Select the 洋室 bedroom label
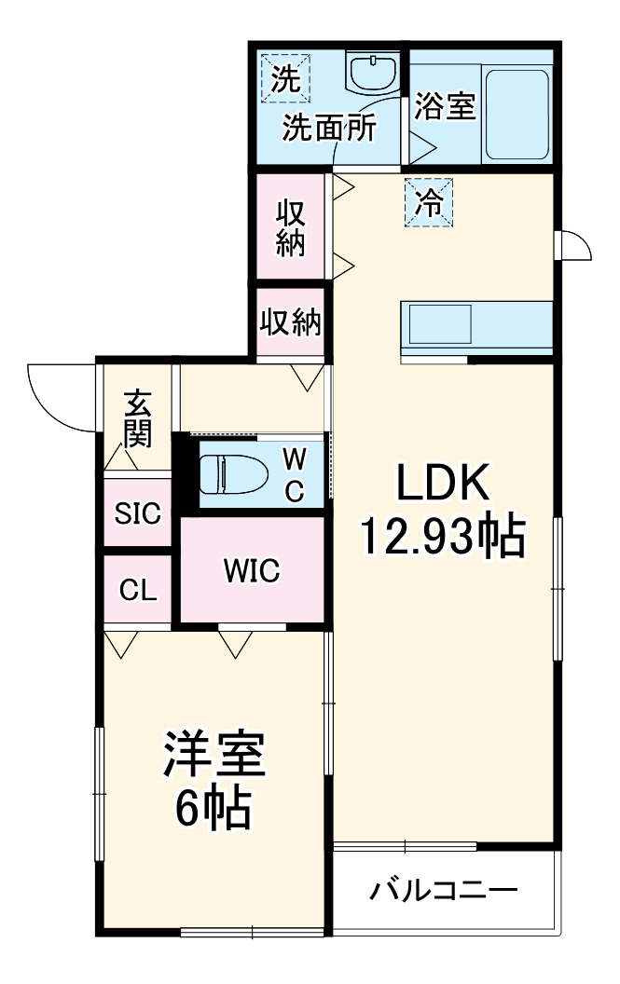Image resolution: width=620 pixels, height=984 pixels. tap(215, 757)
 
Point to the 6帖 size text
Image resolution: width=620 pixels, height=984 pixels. tap(214, 809)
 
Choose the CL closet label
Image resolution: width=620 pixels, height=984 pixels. tap(137, 591)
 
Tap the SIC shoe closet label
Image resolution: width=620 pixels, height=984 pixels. tap(137, 512)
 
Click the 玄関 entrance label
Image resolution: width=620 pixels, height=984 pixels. tap(138, 419)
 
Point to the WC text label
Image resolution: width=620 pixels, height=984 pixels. tap(294, 474)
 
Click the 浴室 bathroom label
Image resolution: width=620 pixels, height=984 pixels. tap(445, 106)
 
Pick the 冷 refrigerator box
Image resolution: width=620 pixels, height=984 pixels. tap(428, 201)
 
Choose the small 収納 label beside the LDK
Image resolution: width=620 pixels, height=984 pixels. tap(290, 323)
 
